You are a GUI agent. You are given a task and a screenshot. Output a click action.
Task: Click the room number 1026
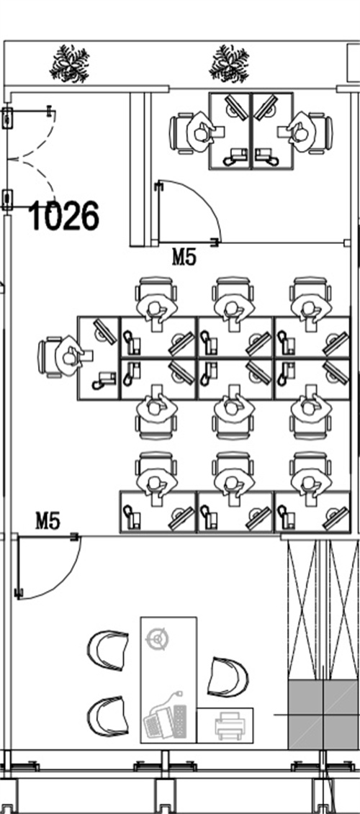pos(64,217)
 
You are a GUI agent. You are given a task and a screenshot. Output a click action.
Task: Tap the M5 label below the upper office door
pos(184,256)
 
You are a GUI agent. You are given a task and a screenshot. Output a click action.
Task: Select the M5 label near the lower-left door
pos(48,520)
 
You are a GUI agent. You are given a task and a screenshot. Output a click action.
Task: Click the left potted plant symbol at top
pos(70,63)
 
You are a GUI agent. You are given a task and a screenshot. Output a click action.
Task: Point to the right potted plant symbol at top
pos(229,63)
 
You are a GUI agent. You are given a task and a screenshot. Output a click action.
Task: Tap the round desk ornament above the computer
pos(158,639)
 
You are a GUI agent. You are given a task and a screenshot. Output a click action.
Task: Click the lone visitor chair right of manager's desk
pos(228,677)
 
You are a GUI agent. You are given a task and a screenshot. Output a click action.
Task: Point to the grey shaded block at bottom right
pos(323,715)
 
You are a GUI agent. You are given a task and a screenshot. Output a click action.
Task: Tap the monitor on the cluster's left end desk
pos(105,330)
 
